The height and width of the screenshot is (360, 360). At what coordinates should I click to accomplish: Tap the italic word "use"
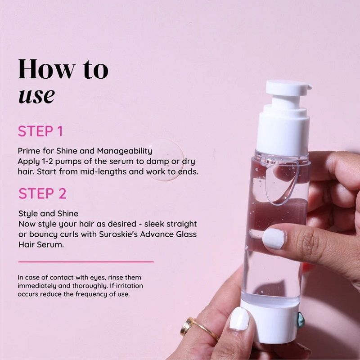(36, 95)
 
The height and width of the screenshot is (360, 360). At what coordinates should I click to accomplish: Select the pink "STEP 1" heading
(40, 131)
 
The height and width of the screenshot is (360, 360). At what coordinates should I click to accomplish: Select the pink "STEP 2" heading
(42, 193)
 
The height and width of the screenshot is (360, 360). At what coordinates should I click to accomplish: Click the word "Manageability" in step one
(125, 151)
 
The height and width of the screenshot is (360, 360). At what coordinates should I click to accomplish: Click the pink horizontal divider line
(85, 261)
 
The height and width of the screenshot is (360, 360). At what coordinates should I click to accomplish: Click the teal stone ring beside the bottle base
(300, 317)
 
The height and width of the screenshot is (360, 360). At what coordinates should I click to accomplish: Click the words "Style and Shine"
(48, 213)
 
